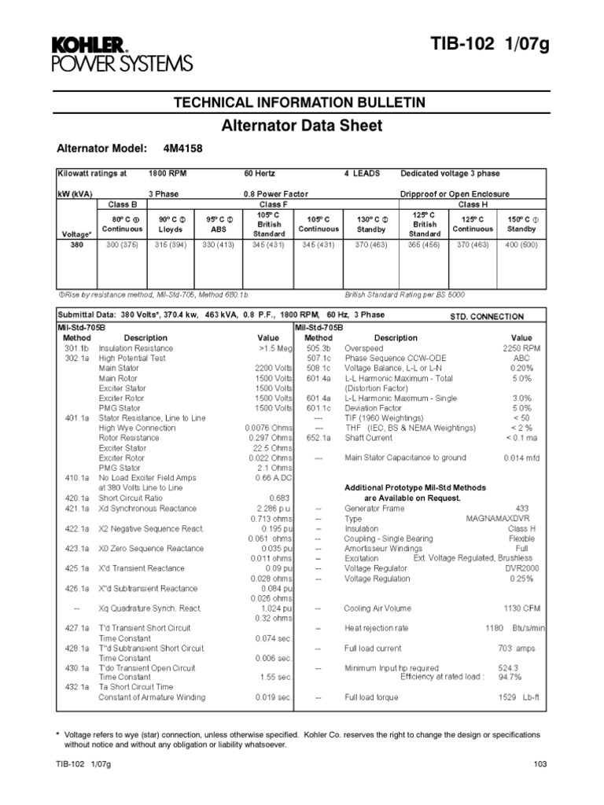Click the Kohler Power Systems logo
(121, 53)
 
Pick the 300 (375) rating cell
(123, 245)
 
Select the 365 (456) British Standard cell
(424, 245)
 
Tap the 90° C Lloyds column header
(171, 224)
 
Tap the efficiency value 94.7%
(510, 675)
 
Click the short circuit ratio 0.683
(280, 498)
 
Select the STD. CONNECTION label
(486, 317)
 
